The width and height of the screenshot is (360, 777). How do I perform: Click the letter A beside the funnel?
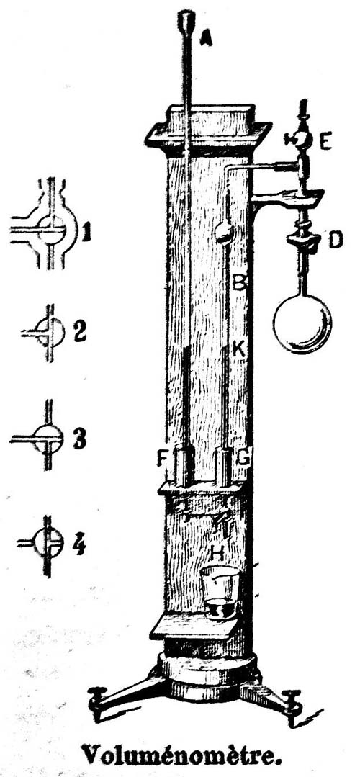(x=206, y=37)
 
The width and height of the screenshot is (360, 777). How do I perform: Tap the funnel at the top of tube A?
(x=186, y=21)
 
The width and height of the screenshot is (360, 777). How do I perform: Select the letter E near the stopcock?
(x=325, y=142)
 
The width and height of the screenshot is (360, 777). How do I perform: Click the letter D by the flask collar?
(x=336, y=241)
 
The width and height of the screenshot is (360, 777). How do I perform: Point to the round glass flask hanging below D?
(x=302, y=325)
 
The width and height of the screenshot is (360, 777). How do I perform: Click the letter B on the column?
(x=240, y=283)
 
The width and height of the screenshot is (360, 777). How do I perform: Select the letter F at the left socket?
(x=161, y=459)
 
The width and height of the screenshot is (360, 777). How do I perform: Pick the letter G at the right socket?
(x=243, y=459)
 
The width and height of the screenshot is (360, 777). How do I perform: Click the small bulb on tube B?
(x=224, y=232)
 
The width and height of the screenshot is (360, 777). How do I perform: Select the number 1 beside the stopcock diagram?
(x=86, y=233)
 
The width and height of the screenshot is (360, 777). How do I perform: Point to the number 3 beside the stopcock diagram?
(x=80, y=439)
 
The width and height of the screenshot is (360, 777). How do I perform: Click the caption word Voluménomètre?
(x=180, y=755)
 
